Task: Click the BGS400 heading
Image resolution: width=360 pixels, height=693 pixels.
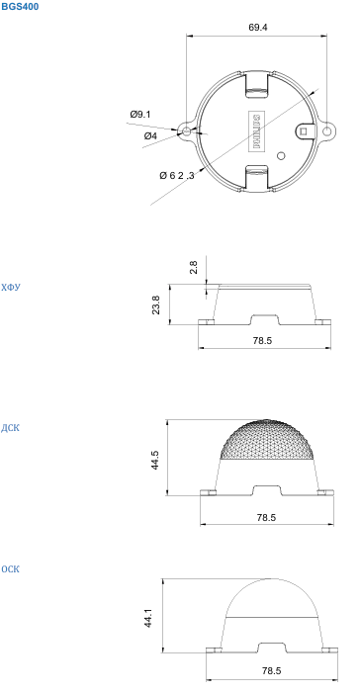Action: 20,7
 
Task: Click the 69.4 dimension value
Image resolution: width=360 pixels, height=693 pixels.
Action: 258,27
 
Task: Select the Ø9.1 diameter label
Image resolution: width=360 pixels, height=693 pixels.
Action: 140,115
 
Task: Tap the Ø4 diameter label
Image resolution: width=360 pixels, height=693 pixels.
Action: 150,136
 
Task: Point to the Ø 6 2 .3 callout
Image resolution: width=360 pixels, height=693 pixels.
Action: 177,175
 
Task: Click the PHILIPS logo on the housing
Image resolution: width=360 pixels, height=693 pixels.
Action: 256,130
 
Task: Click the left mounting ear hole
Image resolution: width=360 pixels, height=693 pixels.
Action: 186,131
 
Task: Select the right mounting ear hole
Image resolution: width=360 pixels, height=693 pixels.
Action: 326,131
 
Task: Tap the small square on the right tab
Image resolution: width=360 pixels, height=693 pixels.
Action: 304,130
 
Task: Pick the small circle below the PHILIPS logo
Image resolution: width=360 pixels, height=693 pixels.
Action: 281,155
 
